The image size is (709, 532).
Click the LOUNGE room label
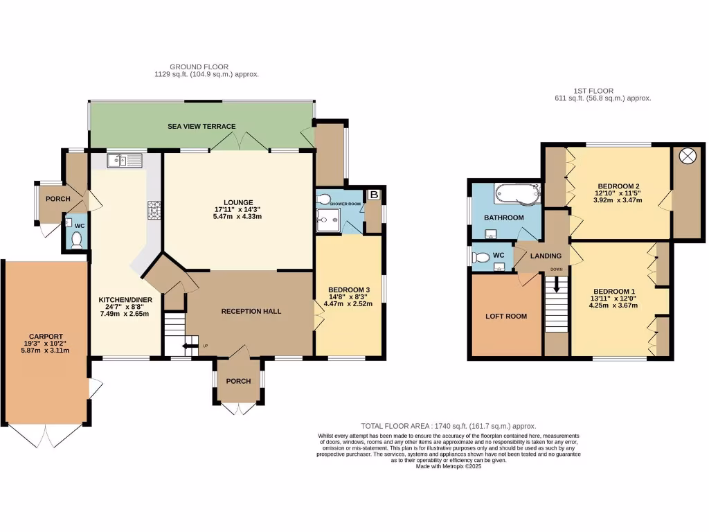point(237,202)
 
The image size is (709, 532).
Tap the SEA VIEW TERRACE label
point(201,127)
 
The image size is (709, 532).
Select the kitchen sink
point(125,161)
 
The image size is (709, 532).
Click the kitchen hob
point(153,209)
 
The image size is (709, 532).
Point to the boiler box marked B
point(374,195)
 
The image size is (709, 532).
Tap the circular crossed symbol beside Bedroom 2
point(688,156)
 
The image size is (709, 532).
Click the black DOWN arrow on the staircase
point(555,285)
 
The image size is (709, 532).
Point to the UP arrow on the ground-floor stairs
point(188,346)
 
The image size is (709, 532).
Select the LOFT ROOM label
point(505,316)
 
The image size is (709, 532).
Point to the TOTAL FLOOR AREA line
point(448,426)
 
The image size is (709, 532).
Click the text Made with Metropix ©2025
point(448,466)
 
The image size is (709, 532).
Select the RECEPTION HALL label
point(251,311)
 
